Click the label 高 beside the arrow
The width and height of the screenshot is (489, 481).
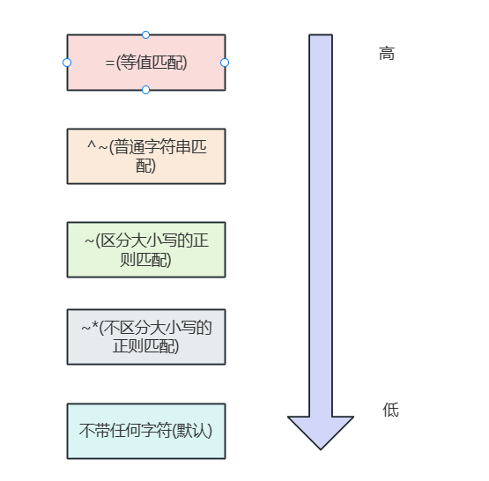click(387, 54)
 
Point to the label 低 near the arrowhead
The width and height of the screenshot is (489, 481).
click(390, 410)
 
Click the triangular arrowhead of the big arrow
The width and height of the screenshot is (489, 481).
click(321, 431)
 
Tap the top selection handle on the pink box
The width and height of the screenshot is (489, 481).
click(145, 35)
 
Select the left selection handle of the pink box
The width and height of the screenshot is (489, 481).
click(67, 63)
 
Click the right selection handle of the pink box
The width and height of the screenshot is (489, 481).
click(225, 63)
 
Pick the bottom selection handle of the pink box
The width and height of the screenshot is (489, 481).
click(145, 90)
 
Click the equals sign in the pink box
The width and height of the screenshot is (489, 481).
click(109, 63)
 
